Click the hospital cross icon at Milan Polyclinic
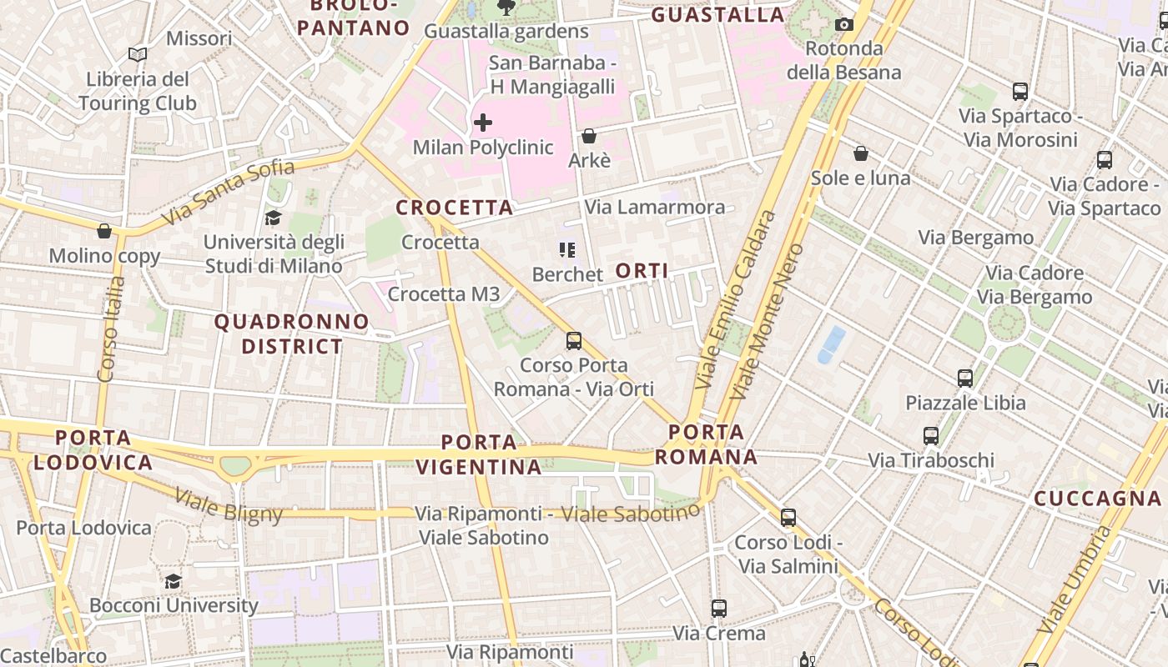point(482,123)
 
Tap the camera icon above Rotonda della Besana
point(844,24)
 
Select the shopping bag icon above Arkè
point(589,136)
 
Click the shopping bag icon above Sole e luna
point(861,153)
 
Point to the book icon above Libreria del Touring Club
point(138,55)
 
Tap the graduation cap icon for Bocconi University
point(173,581)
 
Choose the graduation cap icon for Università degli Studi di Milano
point(273,218)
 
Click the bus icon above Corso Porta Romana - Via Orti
point(574,340)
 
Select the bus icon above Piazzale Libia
point(965,379)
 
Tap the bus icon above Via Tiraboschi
point(931,435)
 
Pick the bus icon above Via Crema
point(719,609)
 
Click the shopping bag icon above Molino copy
point(104,231)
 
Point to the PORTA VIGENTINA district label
point(479,454)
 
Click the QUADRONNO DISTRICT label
point(291,333)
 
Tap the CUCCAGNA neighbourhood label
point(1097,499)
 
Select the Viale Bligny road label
point(229,506)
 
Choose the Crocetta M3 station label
point(444,293)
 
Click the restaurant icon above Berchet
point(567,250)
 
